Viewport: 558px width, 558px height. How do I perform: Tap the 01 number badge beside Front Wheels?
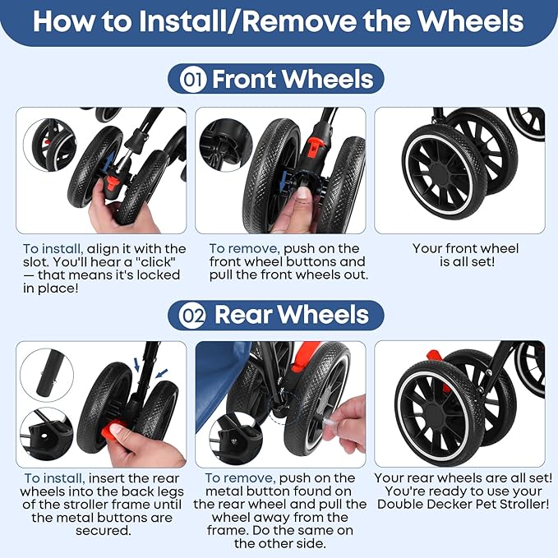point(192,80)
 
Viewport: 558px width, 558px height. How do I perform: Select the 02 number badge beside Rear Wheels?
point(192,316)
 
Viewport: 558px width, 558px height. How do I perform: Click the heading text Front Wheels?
point(293,79)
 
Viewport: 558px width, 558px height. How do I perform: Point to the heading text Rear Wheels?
point(292,315)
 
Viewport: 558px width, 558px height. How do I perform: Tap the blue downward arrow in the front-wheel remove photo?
point(284,181)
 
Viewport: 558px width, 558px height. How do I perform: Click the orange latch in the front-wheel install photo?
point(114,185)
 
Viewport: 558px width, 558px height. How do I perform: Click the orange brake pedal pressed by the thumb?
point(112,431)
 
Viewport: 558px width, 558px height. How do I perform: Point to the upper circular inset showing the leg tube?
point(47,376)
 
